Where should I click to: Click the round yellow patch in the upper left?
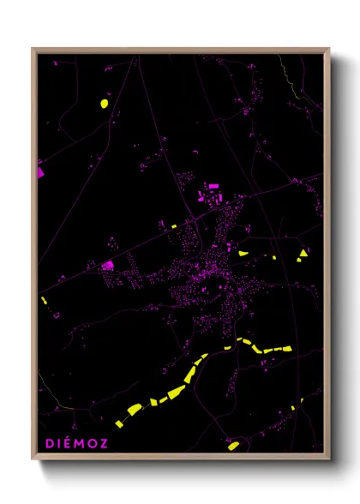(x=104, y=104)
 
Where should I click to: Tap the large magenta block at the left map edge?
(x=40, y=171)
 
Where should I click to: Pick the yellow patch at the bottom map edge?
(x=233, y=446)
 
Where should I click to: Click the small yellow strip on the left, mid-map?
(x=44, y=301)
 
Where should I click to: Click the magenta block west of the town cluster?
(x=108, y=266)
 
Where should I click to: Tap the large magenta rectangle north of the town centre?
(x=213, y=185)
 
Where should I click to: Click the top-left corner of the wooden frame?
(x=33, y=49)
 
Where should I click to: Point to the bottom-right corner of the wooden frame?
(x=328, y=459)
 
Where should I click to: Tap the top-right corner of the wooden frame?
(x=328, y=49)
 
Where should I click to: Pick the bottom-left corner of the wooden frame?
(x=33, y=459)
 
